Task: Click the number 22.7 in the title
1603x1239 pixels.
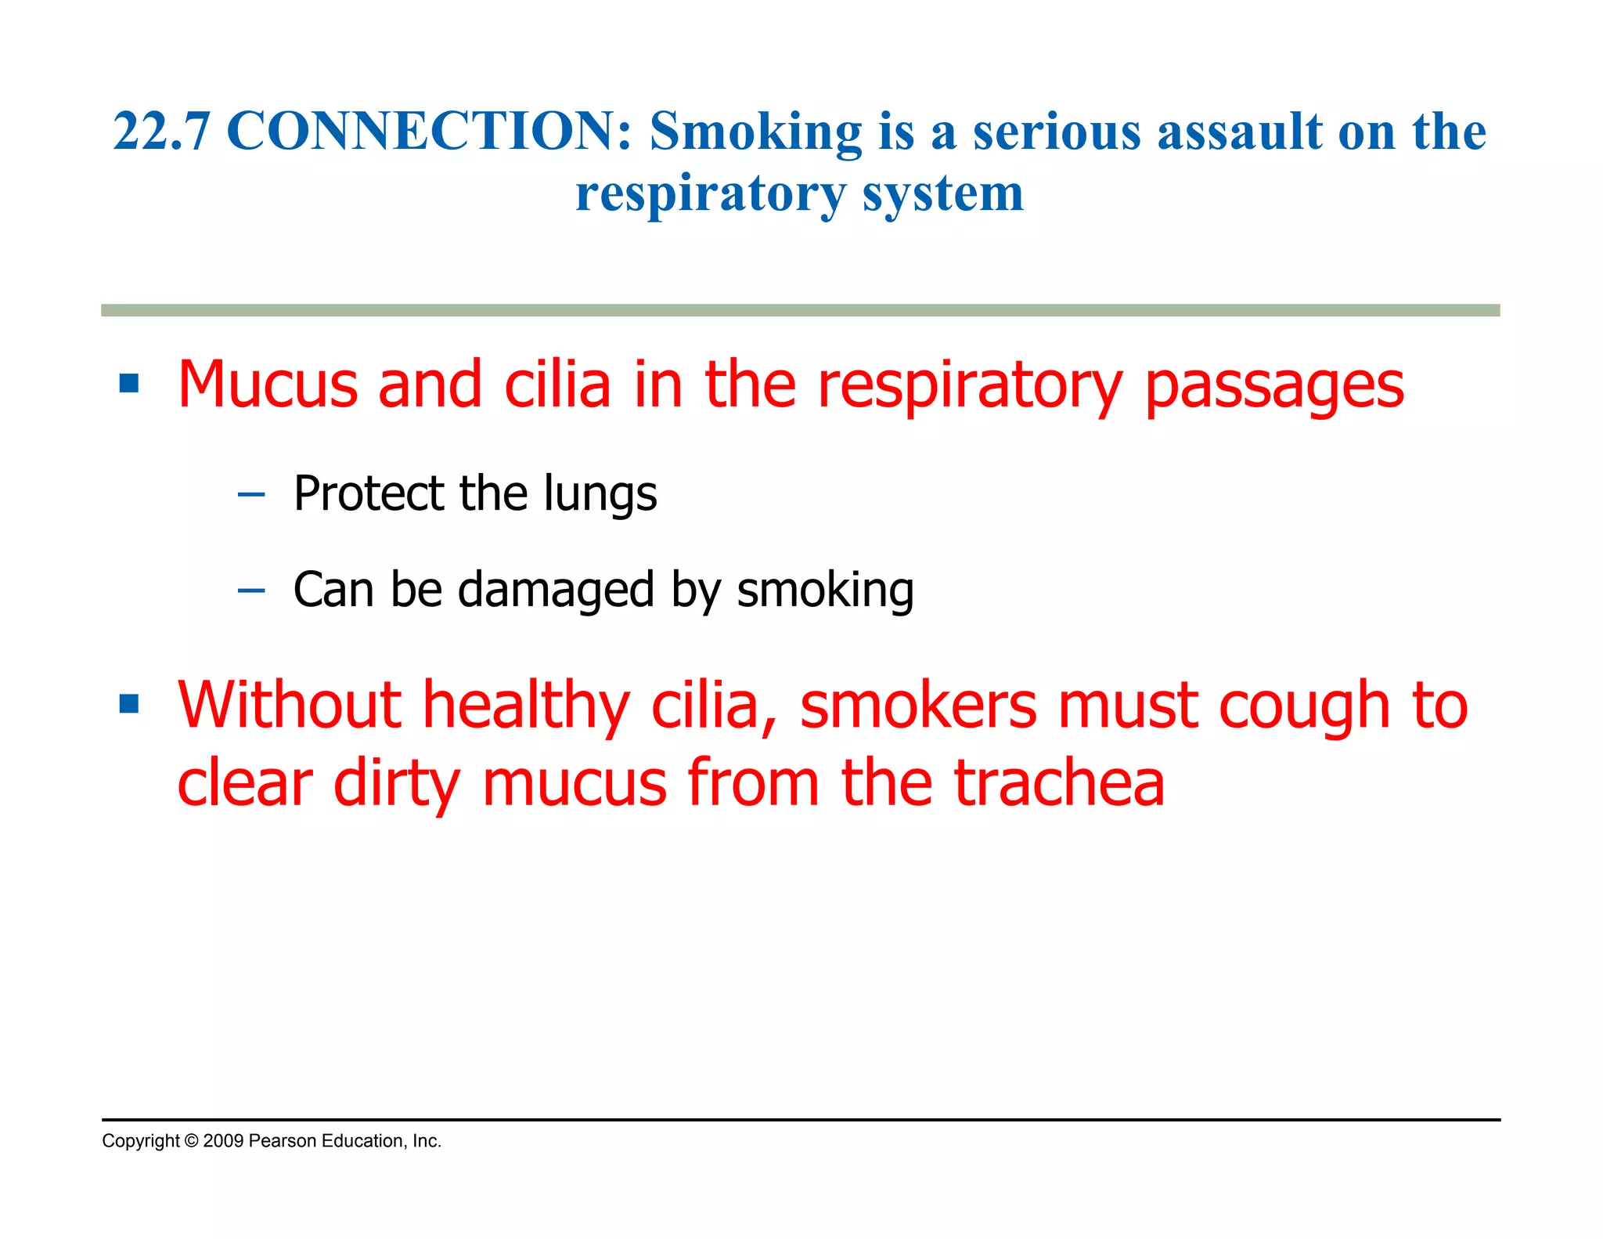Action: (x=160, y=132)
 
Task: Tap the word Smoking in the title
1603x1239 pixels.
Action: (x=755, y=132)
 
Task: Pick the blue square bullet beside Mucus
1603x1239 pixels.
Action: (x=129, y=384)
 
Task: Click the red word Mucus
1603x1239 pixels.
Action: (x=267, y=385)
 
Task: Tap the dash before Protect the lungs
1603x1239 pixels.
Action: (x=250, y=495)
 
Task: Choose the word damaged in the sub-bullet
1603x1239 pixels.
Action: (x=555, y=590)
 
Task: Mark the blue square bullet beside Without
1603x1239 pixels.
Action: (x=129, y=704)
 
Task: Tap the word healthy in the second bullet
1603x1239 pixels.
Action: (x=526, y=706)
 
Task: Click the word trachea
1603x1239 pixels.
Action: (x=1059, y=783)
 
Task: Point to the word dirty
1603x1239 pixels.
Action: (x=396, y=784)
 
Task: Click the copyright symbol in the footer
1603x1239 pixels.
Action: (x=191, y=1141)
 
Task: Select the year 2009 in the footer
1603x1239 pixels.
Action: (x=223, y=1141)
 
